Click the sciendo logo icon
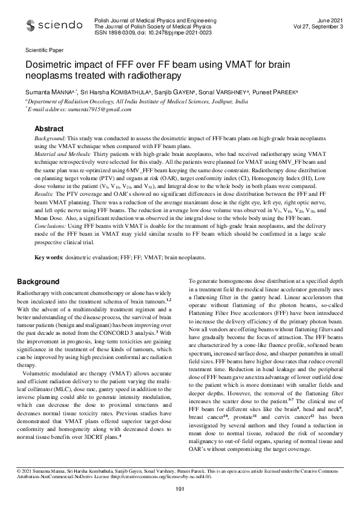coord(30,25)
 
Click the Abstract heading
coord(49,129)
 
